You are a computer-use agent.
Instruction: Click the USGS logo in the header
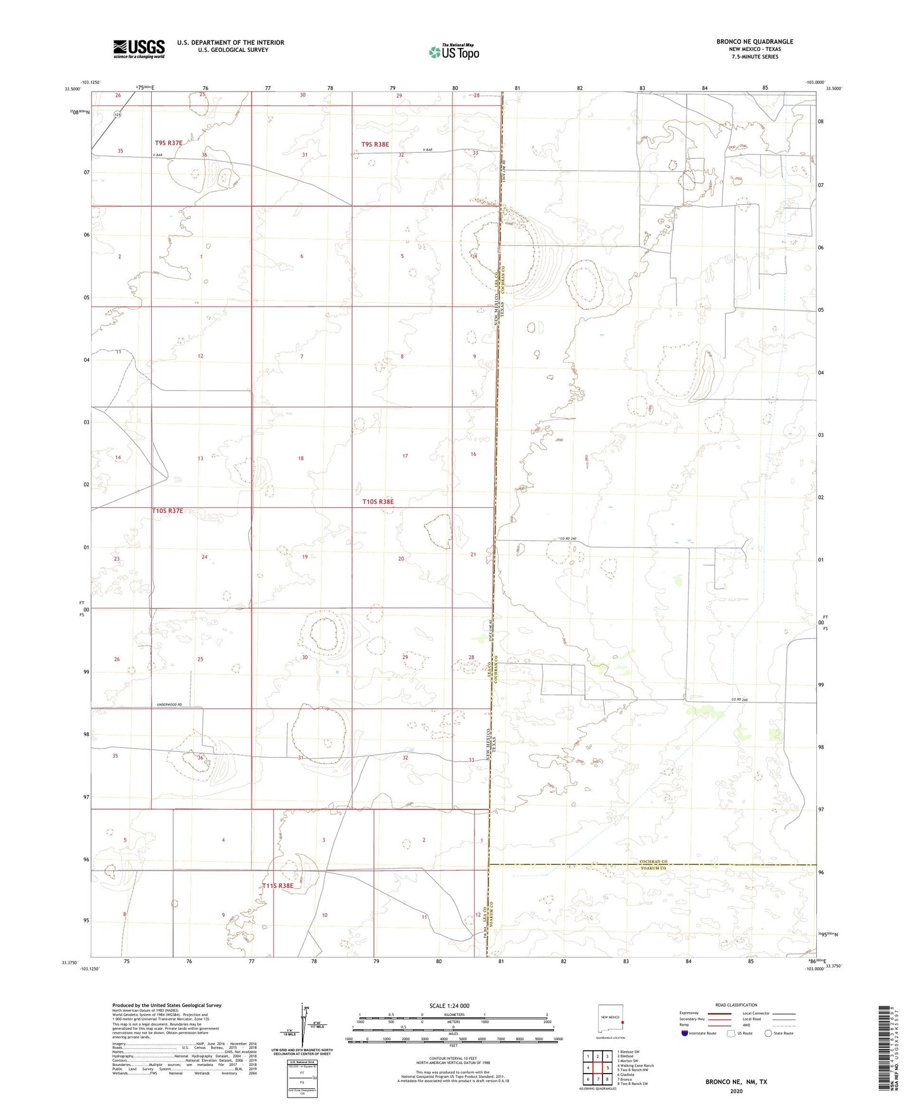coord(139,48)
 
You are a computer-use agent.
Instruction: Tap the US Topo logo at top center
coord(454,52)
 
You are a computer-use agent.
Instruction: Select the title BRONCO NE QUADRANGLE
coord(754,42)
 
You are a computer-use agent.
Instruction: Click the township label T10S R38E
coord(378,501)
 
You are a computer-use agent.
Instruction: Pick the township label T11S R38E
coord(278,886)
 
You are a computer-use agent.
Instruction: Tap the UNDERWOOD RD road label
coord(169,704)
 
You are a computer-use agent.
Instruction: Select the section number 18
coord(301,458)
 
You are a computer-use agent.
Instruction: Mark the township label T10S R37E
coord(167,510)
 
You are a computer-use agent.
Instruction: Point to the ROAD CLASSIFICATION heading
coord(736,1005)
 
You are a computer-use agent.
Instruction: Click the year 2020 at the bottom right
coord(735,1091)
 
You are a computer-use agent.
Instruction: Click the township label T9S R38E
coord(375,144)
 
